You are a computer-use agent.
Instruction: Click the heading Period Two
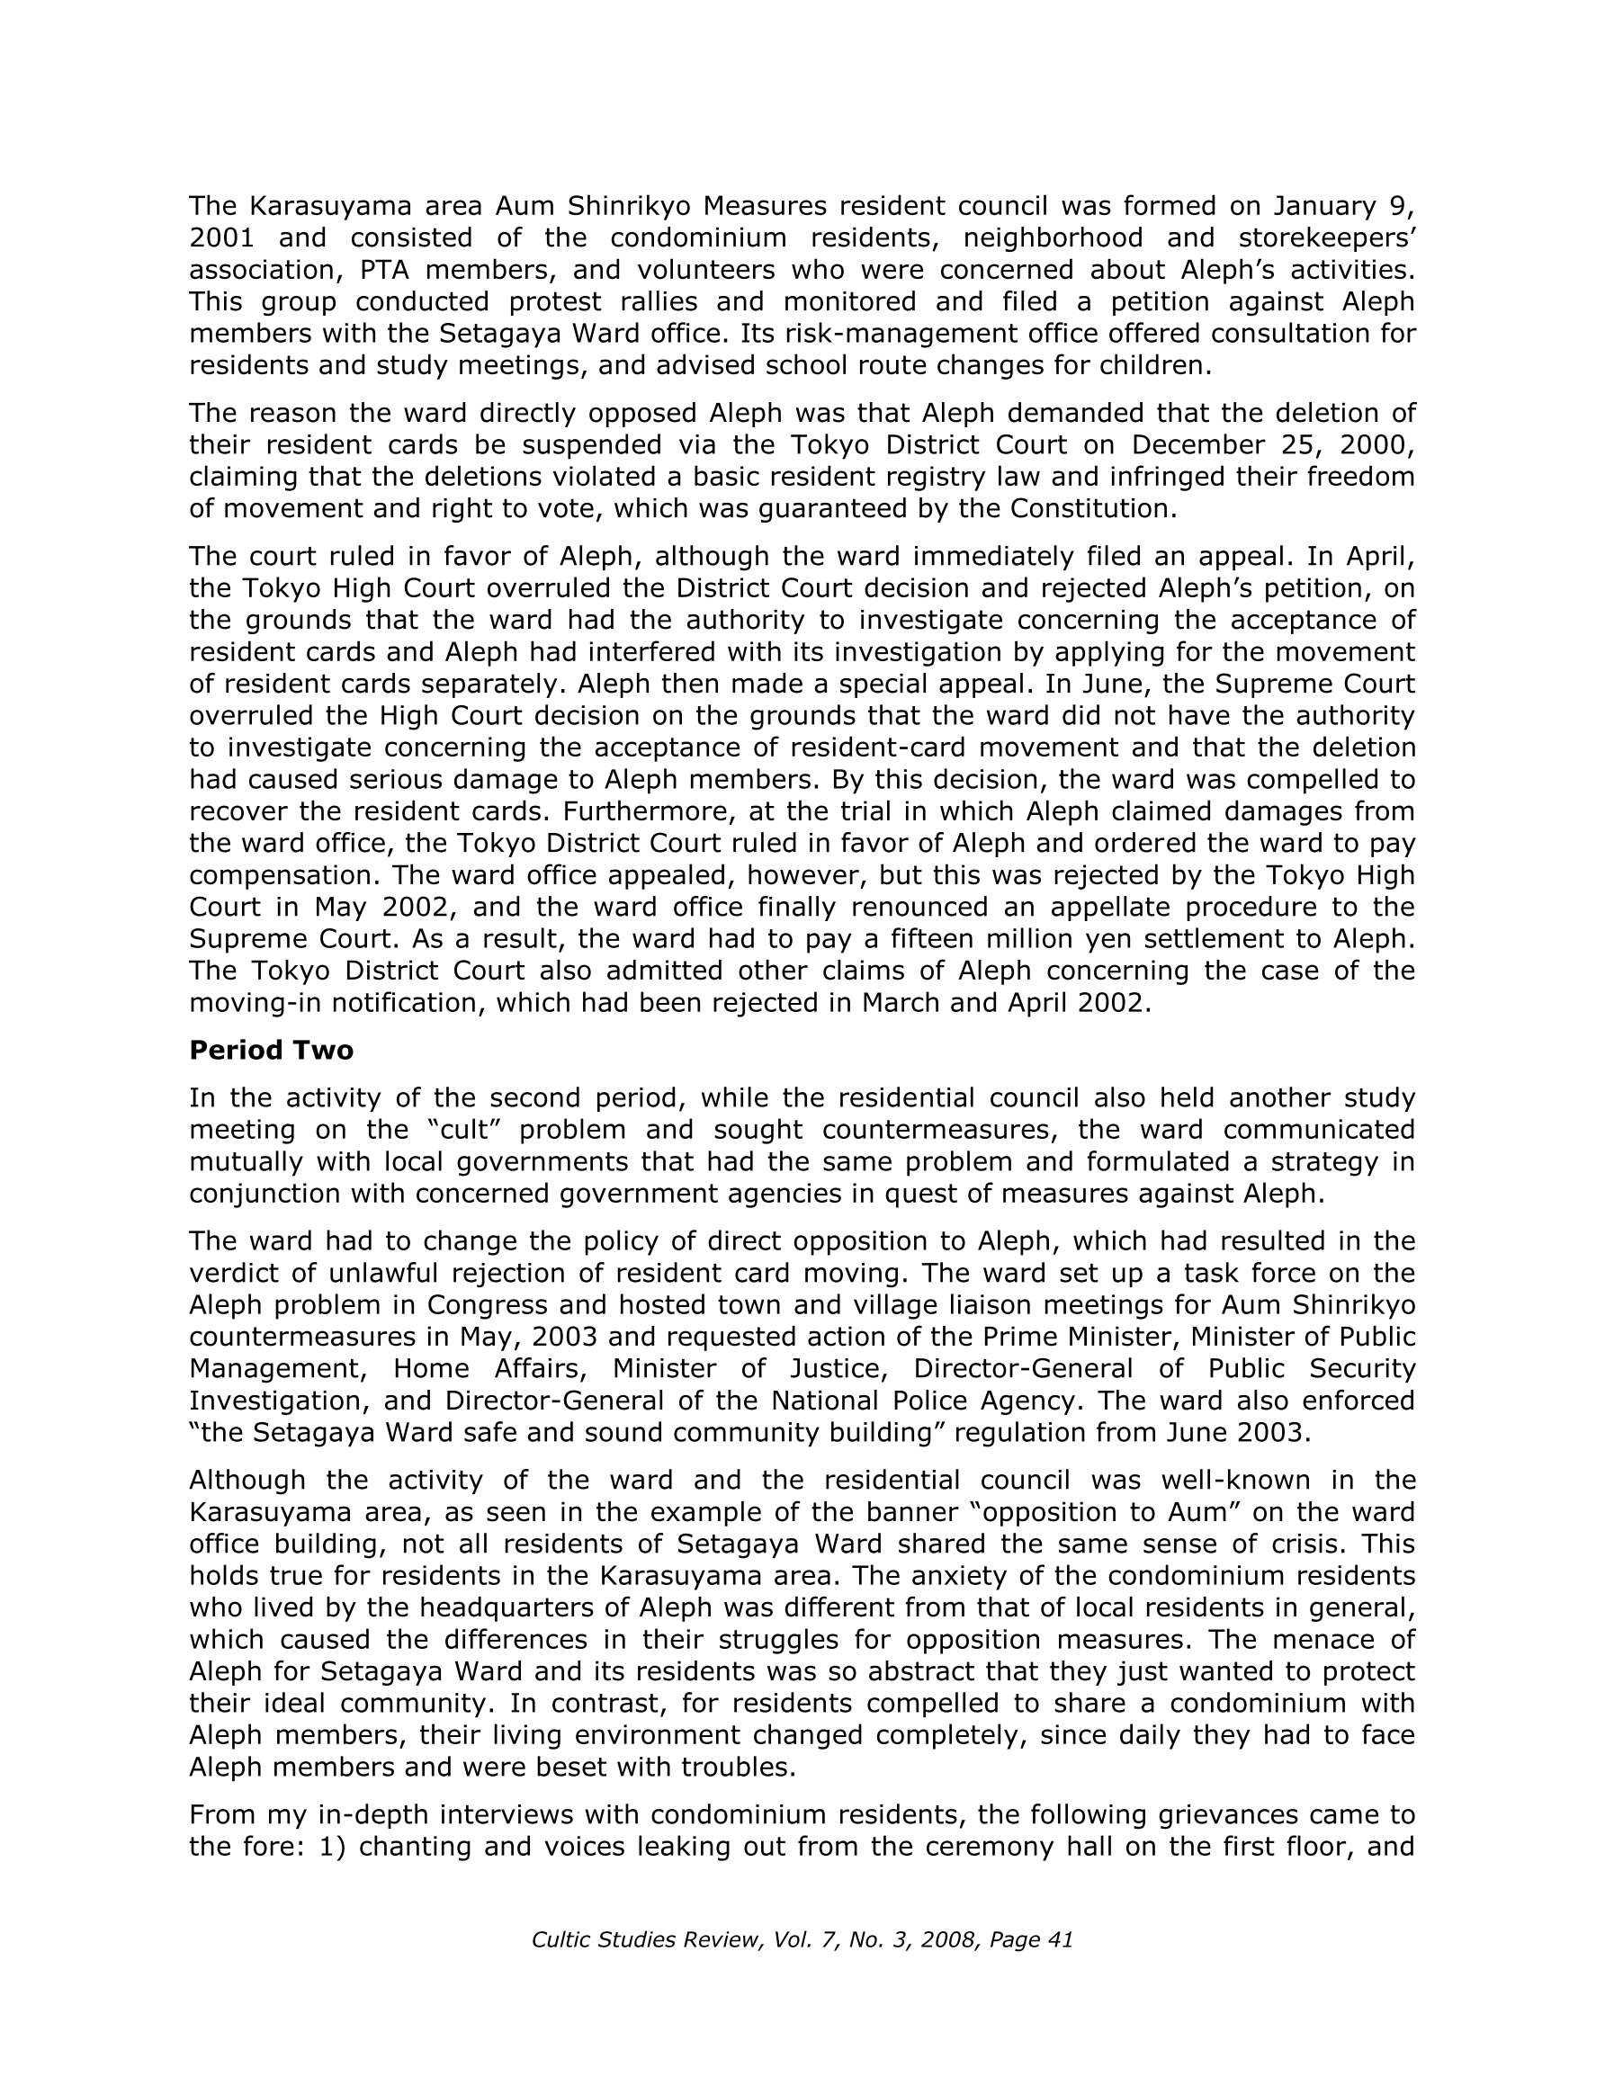(271, 1050)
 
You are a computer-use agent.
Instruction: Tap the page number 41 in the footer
(1060, 1940)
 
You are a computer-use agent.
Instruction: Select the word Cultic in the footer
(561, 1940)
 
